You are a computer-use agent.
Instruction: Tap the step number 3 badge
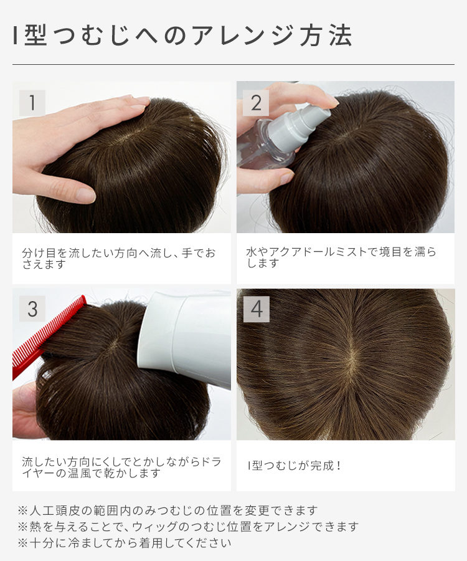(x=32, y=309)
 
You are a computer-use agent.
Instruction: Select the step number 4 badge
(x=256, y=309)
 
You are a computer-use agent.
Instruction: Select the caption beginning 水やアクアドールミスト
(x=341, y=258)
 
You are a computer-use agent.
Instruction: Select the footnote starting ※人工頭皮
(x=168, y=511)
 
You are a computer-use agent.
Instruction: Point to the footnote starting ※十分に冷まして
(x=125, y=543)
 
